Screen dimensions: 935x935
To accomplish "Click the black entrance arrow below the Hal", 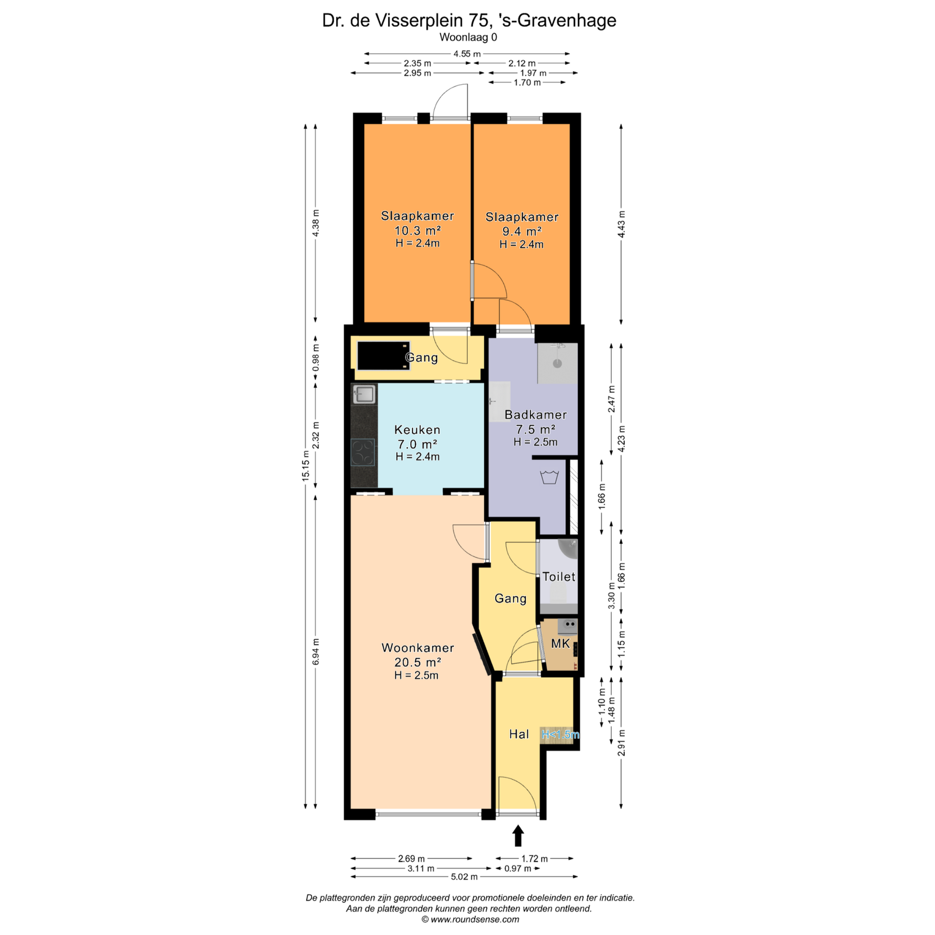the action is click(x=518, y=835).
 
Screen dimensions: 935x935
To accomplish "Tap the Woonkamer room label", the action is click(x=418, y=648).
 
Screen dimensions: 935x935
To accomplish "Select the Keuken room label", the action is click(x=417, y=430).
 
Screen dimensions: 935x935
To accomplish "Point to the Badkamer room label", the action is click(x=535, y=415).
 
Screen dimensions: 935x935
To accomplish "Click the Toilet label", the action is click(x=559, y=577).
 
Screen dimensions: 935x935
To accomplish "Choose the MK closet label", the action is click(x=560, y=644).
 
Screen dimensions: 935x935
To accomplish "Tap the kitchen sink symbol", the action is click(x=364, y=394).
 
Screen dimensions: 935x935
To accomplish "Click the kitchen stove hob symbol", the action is click(x=363, y=452).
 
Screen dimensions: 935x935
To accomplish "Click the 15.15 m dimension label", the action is click(x=306, y=465).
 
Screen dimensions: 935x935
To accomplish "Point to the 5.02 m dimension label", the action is click(x=464, y=877).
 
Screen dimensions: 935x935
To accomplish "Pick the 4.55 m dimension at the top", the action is click(x=467, y=54).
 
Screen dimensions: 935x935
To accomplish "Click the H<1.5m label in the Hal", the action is click(x=560, y=735).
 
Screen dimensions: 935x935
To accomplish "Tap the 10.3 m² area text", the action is click(x=417, y=230).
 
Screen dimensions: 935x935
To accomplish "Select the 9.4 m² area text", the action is click(x=522, y=231).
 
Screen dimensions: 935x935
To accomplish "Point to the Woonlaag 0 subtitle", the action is click(x=468, y=37).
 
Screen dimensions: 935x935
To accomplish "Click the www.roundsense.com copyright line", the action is click(x=470, y=919).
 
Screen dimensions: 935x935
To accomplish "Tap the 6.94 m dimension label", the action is click(x=316, y=651).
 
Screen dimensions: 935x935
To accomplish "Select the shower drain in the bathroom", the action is click(x=557, y=363).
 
